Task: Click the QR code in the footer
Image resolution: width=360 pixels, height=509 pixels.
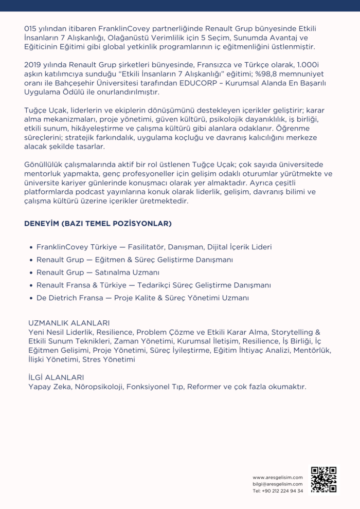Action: tap(323, 479)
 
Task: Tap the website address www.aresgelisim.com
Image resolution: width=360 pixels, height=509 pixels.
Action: tap(278, 477)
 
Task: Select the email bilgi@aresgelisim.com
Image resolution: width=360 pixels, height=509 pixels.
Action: tap(278, 484)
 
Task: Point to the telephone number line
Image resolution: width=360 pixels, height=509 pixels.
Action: tap(278, 490)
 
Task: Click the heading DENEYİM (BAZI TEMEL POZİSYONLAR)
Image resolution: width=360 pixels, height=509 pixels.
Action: tap(98, 224)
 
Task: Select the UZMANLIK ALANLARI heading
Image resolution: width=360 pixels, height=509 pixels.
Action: tap(69, 323)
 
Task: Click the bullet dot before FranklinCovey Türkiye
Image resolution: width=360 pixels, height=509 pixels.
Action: tap(31, 247)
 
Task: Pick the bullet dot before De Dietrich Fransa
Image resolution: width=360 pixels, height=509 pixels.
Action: tap(31, 298)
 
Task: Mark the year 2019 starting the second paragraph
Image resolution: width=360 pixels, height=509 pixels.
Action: tap(33, 65)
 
